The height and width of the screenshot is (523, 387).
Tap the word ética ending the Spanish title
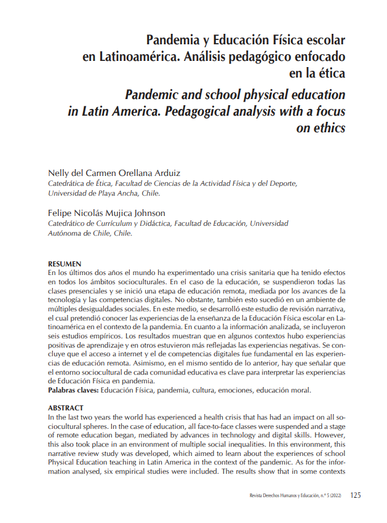pos(328,74)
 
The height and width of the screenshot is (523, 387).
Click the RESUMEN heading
pos(65,264)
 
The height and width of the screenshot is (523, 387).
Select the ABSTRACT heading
pos(66,408)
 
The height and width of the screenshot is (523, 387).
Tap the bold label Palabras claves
pos(73,390)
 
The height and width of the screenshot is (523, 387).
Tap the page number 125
pos(355,495)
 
